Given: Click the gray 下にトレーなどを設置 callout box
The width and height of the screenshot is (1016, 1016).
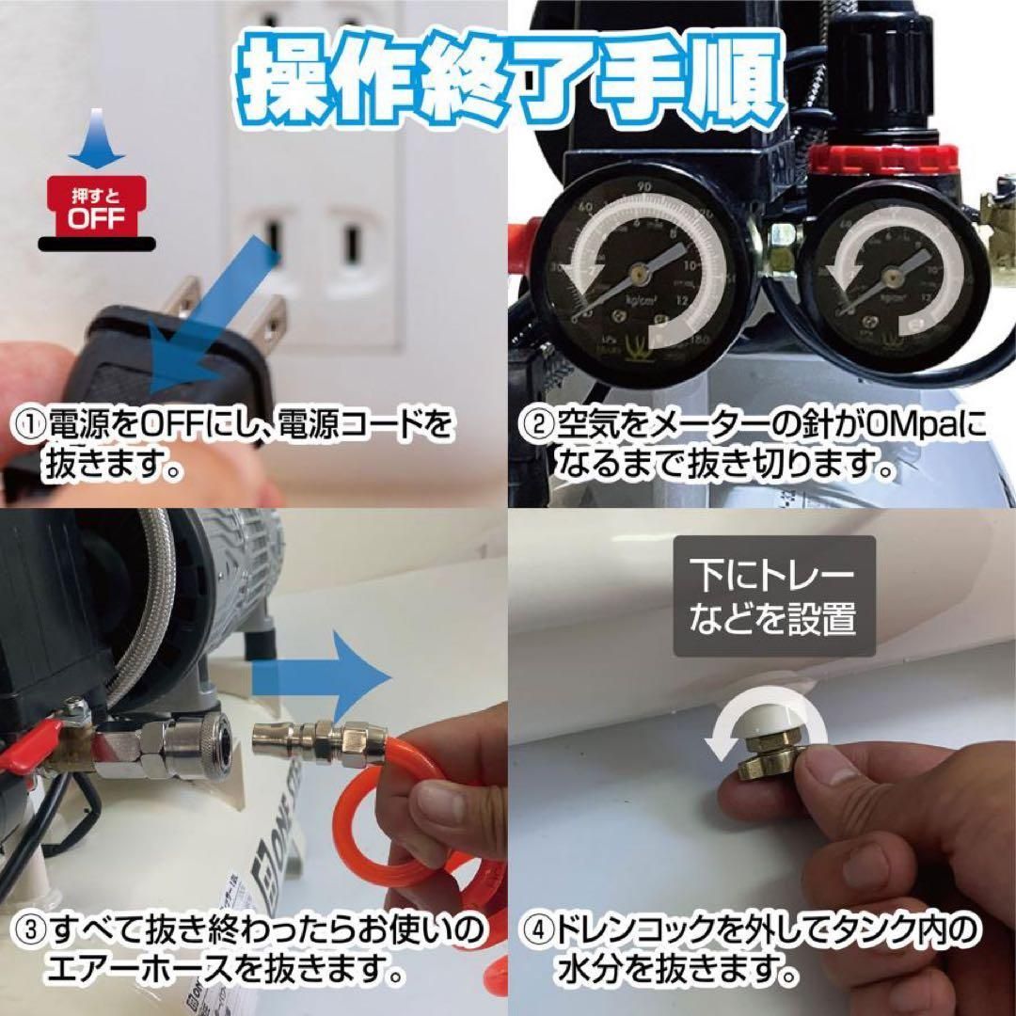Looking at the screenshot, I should tap(773, 596).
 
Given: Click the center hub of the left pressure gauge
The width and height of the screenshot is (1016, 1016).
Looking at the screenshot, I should tap(640, 272).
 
